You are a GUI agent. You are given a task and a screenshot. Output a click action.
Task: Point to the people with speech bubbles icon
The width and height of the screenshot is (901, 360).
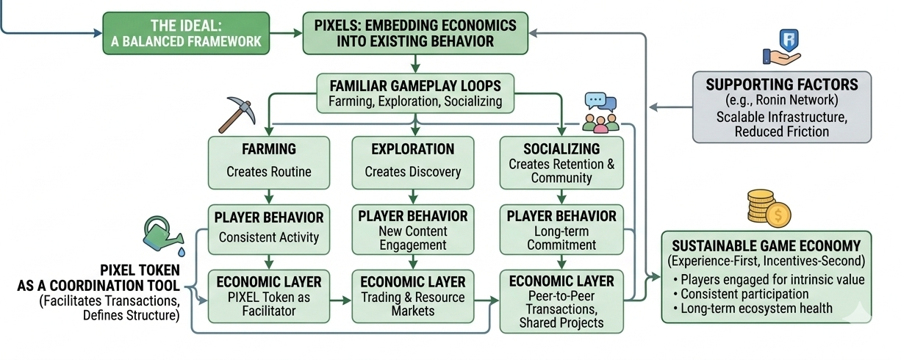(600, 112)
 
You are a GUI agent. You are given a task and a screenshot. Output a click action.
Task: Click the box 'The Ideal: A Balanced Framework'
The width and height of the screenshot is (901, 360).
(185, 33)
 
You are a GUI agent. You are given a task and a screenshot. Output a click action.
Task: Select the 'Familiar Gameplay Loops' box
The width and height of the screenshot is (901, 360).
(414, 93)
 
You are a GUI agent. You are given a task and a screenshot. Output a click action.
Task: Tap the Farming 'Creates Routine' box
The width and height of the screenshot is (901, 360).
(268, 162)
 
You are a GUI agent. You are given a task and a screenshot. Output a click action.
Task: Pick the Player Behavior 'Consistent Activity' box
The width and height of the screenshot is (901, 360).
(268, 228)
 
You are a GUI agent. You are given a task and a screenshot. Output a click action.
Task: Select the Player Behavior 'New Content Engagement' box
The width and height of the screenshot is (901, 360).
(412, 229)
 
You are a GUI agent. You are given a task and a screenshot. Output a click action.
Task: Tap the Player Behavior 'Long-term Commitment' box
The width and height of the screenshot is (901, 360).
(561, 229)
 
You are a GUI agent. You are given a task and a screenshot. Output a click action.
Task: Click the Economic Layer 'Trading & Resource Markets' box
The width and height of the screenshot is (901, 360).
(412, 295)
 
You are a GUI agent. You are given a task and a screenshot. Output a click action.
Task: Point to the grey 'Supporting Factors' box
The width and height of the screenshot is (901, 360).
(781, 106)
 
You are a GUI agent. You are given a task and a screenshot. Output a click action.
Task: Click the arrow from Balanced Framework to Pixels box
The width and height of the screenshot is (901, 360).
(287, 33)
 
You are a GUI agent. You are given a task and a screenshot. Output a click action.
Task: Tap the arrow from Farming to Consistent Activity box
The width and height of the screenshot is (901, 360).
(269, 196)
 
